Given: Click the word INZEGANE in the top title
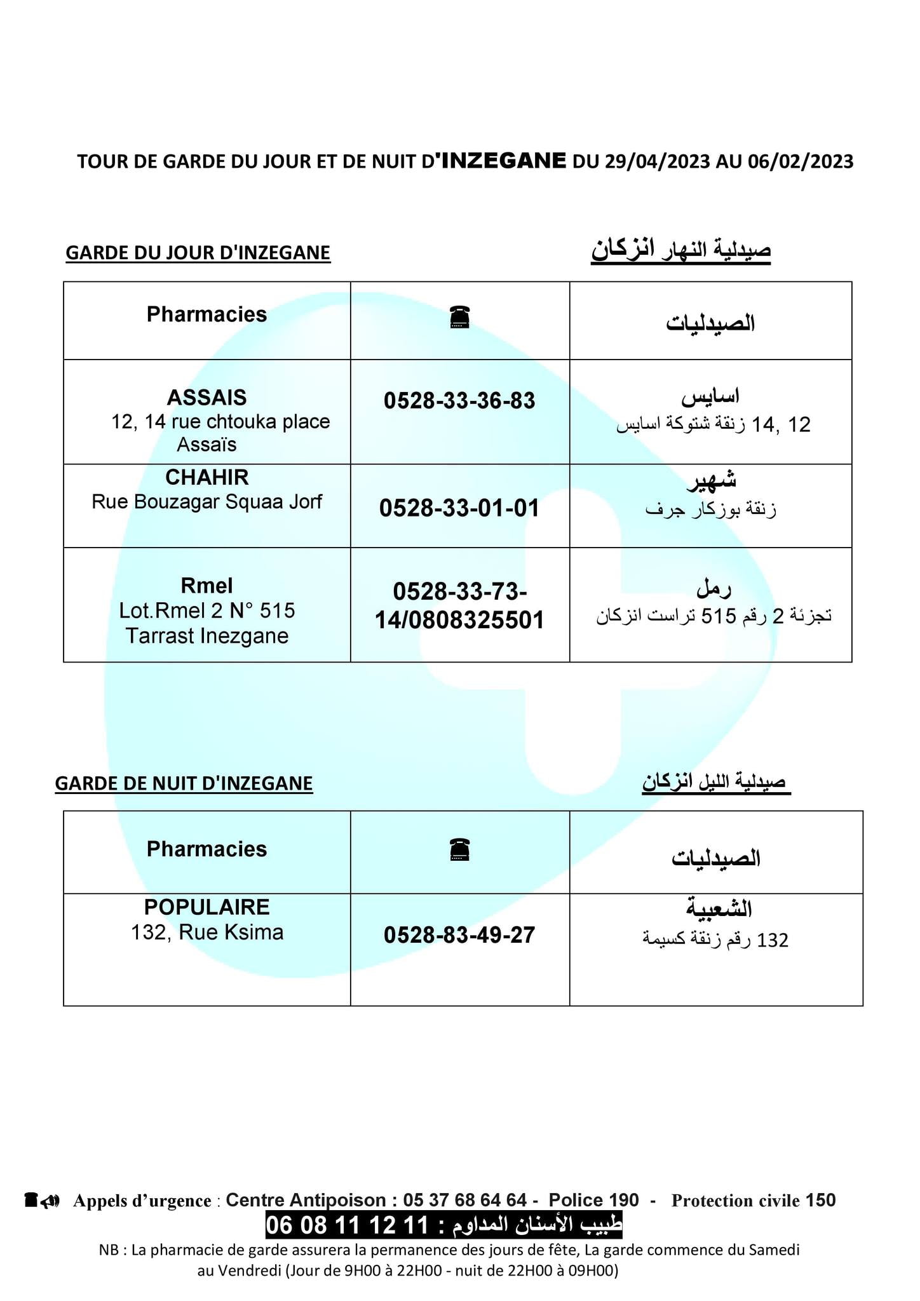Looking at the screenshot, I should [x=503, y=160].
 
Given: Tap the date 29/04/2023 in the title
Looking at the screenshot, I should [x=656, y=161].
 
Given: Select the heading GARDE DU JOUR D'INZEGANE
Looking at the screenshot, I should [x=198, y=253].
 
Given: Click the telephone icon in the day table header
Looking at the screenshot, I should [x=459, y=317].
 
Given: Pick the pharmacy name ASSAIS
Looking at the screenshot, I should [x=206, y=398].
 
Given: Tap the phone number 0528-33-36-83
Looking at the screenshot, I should [x=459, y=401].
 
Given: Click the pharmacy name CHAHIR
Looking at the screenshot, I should [x=206, y=477].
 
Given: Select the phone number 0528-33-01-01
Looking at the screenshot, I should [x=459, y=508].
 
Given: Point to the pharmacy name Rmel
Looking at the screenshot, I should [x=206, y=586].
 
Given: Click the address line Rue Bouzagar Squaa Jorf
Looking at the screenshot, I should [x=206, y=502].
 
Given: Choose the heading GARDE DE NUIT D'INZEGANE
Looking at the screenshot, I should [x=184, y=783].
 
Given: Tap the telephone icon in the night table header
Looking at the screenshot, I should [x=459, y=849].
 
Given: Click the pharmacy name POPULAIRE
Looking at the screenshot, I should [x=206, y=907].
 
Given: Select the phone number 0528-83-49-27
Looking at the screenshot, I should [x=459, y=935].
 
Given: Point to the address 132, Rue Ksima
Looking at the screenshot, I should [x=206, y=933].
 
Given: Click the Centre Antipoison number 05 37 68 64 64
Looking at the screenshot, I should [x=464, y=1200].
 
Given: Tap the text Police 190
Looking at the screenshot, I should [x=593, y=1200].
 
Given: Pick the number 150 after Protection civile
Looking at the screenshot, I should [x=820, y=1200].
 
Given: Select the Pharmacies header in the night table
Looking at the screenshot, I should [x=206, y=849].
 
